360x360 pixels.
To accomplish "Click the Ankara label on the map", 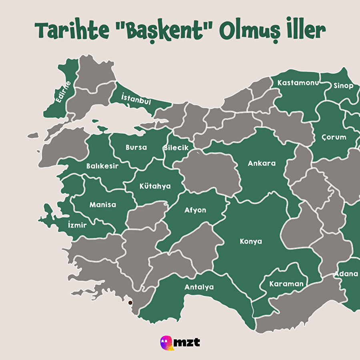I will click(262, 163).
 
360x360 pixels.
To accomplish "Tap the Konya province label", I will click(251, 241).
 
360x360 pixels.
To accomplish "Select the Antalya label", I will click(199, 287).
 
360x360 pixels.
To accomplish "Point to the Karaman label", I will click(286, 284).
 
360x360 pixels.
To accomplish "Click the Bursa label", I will click(136, 147).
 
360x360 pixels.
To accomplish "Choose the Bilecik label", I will click(176, 148).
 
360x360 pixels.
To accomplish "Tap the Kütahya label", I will click(155, 186).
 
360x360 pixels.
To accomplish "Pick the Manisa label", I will click(103, 204).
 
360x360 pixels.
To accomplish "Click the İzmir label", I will click(77, 225).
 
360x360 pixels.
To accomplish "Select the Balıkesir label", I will click(102, 166).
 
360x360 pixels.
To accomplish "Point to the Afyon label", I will click(195, 210).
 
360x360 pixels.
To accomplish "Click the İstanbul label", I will click(136, 99).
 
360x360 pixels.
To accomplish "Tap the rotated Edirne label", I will click(63, 92).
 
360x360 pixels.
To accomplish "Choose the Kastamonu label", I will click(298, 83).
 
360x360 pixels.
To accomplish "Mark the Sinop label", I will click(343, 86).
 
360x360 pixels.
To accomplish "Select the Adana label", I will click(346, 274).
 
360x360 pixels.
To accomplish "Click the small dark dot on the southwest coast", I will click(130, 303).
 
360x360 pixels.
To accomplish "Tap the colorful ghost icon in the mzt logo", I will click(167, 342).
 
